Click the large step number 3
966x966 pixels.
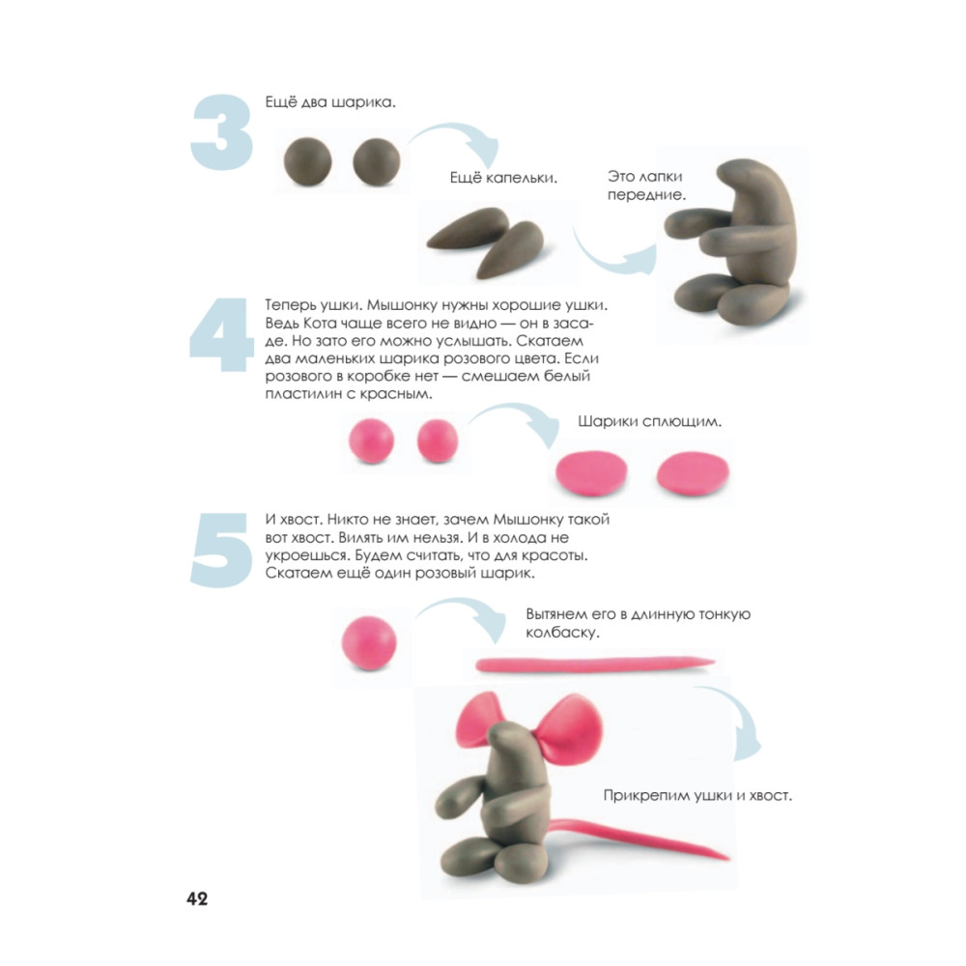click(222, 131)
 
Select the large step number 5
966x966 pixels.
click(221, 550)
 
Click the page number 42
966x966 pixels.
click(197, 898)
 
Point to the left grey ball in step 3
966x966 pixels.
click(307, 161)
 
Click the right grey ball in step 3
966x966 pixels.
click(377, 161)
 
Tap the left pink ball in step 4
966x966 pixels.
click(371, 440)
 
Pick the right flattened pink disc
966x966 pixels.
click(693, 473)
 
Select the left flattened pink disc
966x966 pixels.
click(591, 473)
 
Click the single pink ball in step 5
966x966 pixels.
click(369, 642)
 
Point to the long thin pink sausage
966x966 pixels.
click(594, 665)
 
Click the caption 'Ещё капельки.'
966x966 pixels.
click(503, 178)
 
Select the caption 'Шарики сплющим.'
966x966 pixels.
click(649, 421)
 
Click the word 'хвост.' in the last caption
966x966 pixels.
click(769, 795)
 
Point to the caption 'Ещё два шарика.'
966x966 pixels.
click(330, 102)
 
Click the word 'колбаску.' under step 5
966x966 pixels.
click(562, 633)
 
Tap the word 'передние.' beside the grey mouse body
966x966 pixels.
click(646, 195)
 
